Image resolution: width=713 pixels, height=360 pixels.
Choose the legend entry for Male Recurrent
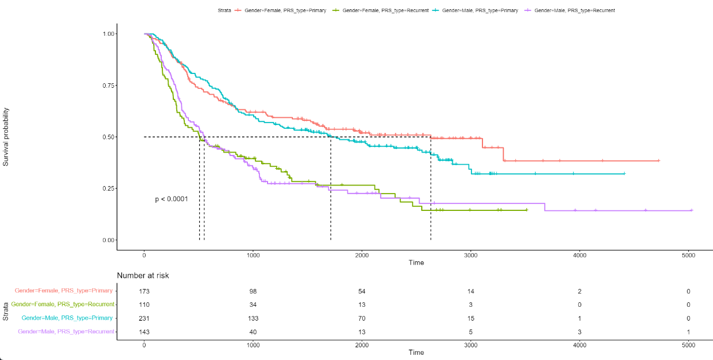(x=574, y=10)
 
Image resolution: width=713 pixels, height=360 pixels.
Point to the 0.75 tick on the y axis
(x=109, y=86)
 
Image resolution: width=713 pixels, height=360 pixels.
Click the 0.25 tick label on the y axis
(x=109, y=188)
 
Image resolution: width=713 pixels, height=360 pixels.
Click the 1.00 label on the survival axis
(x=109, y=34)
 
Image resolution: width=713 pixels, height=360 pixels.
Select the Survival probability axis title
(x=6, y=137)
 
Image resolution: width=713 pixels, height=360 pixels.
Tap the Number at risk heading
(x=143, y=276)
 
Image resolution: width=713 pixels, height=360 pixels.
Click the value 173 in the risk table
(x=144, y=292)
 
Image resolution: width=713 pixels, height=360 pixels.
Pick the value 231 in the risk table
(x=144, y=318)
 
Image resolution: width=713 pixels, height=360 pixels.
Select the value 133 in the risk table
(x=252, y=318)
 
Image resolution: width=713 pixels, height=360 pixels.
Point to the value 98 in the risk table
(x=252, y=292)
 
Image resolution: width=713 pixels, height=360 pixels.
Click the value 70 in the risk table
(x=362, y=318)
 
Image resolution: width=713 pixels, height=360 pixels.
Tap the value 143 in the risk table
(x=144, y=332)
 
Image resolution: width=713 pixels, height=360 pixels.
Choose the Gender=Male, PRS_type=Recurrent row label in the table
(x=66, y=332)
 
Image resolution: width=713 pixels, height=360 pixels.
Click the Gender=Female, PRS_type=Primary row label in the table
(x=64, y=291)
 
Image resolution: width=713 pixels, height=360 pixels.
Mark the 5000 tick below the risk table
(x=688, y=345)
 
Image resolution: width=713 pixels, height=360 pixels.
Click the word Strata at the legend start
(x=225, y=10)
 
